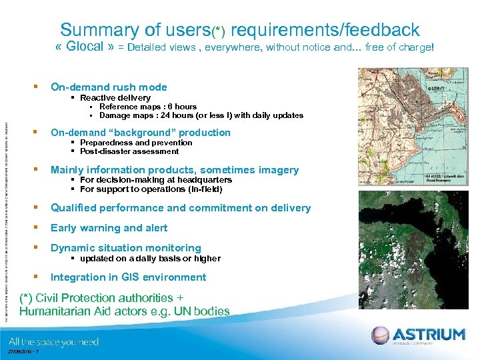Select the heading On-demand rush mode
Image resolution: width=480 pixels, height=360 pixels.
tap(109, 87)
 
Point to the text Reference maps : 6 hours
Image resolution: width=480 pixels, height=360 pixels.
tap(147, 107)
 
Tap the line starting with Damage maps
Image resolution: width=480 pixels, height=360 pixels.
tap(201, 115)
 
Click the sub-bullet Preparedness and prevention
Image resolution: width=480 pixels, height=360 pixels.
tap(136, 143)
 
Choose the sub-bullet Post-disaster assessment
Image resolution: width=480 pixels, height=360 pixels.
tap(129, 151)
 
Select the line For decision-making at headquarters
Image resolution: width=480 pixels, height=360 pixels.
tap(156, 180)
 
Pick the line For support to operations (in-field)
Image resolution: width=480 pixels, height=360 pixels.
tap(151, 189)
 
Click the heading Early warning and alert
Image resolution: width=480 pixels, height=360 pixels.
tap(109, 228)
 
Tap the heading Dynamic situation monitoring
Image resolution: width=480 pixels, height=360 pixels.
tap(125, 248)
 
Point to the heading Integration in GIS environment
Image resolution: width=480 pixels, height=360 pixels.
tap(128, 277)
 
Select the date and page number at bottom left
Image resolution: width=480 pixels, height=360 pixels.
tap(23, 353)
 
